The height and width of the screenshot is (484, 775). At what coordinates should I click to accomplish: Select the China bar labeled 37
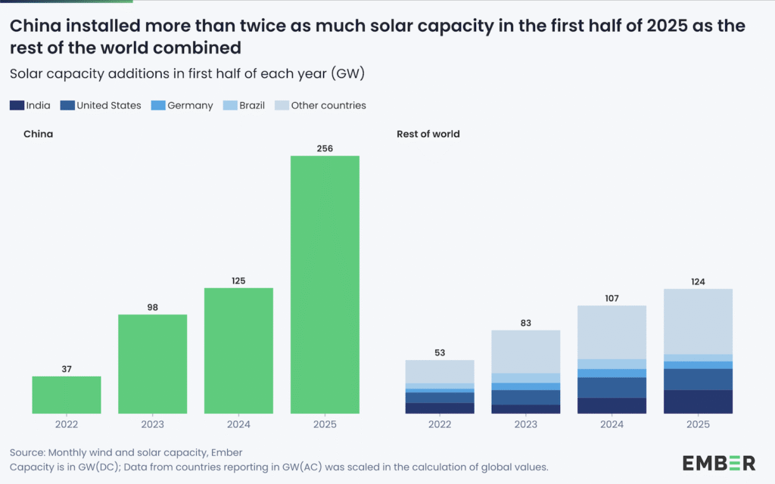click(67, 395)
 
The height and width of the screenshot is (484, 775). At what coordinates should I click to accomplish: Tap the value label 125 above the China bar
click(238, 281)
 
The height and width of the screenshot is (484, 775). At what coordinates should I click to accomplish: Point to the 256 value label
click(325, 149)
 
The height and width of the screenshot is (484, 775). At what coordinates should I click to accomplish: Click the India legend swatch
click(16, 106)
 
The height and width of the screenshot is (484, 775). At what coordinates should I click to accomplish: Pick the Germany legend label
click(190, 106)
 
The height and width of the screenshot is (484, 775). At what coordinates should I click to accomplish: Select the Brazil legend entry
click(252, 106)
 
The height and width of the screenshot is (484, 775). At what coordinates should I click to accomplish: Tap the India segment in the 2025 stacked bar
click(698, 402)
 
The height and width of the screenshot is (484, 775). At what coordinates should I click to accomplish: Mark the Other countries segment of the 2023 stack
click(526, 352)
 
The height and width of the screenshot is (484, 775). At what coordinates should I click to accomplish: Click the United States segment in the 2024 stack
click(612, 387)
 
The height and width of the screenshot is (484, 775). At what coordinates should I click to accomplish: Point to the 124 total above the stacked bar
click(698, 282)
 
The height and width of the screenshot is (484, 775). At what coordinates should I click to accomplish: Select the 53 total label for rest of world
click(440, 353)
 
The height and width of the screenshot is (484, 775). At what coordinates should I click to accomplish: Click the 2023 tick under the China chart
click(152, 425)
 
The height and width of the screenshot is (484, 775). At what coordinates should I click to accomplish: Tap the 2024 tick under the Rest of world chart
click(612, 425)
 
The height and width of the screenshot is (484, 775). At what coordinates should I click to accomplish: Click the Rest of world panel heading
click(428, 134)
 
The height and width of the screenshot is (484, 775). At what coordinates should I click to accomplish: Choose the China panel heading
click(38, 134)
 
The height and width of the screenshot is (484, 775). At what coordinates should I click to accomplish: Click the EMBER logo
click(718, 462)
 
